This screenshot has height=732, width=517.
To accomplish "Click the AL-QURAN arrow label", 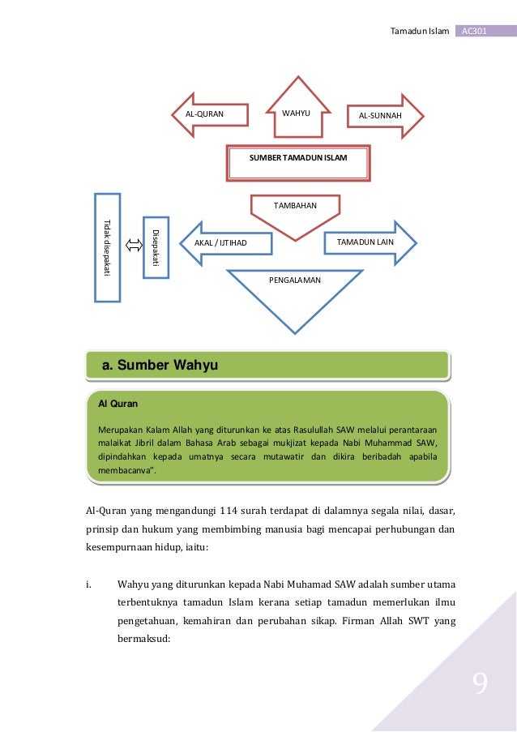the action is click(204, 115).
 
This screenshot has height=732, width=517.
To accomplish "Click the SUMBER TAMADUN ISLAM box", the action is click(298, 159).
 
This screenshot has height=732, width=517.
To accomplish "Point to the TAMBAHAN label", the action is click(295, 205).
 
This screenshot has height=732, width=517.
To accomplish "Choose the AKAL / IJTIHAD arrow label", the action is click(220, 242).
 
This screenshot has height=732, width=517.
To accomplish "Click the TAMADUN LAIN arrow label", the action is click(365, 242).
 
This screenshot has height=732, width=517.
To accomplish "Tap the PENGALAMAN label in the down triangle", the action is click(294, 280).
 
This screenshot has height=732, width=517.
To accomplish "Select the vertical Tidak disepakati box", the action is click(107, 246).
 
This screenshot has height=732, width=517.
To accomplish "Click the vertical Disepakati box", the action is click(156, 246).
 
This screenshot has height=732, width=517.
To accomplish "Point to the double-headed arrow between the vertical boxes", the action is click(132, 242).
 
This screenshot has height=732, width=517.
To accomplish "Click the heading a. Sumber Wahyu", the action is click(160, 366).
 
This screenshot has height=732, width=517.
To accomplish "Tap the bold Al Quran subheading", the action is click(113, 403).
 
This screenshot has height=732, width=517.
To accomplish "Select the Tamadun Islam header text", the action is click(419, 31).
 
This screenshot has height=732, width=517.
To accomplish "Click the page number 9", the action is click(480, 686).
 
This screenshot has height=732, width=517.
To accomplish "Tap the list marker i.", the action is click(89, 583).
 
